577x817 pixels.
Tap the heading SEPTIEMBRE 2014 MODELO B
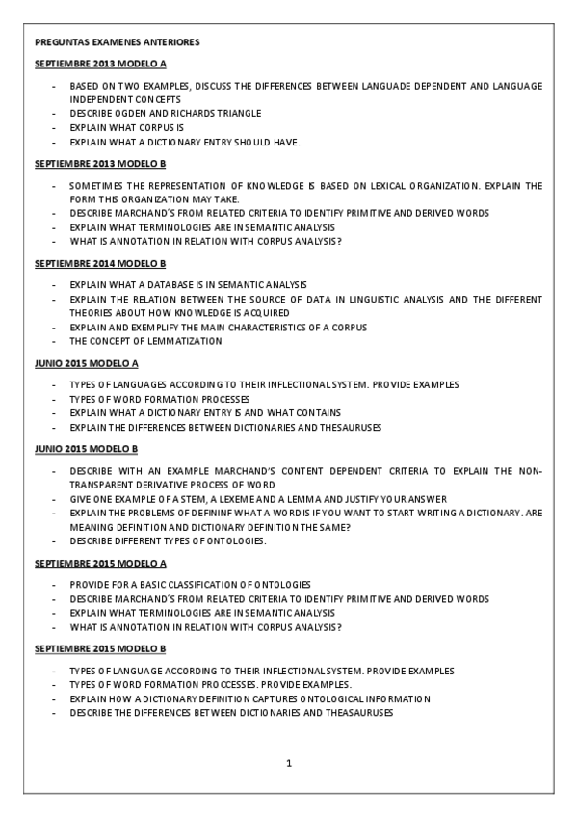[100, 263]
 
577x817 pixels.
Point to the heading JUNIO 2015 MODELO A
[87, 363]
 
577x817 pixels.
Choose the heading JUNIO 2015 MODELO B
[87, 449]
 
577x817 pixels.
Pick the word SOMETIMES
[93, 185]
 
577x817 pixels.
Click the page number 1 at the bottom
[288, 764]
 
